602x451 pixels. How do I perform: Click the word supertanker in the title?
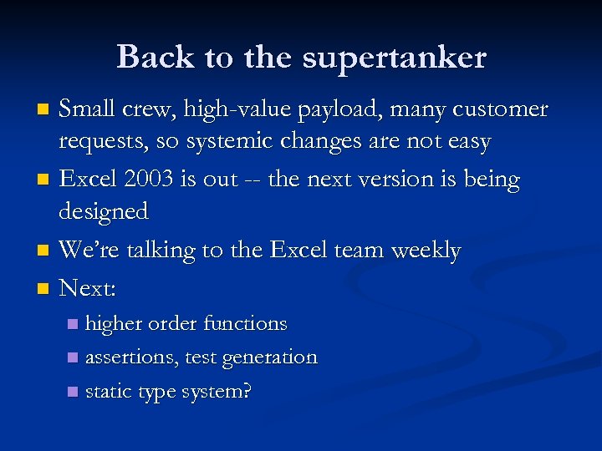pos(394,58)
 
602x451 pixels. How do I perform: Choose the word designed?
pos(103,212)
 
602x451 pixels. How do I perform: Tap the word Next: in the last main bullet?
pos(88,288)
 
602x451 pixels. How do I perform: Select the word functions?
pos(246,323)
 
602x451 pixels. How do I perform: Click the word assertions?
pos(130,357)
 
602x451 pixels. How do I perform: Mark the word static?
pos(107,391)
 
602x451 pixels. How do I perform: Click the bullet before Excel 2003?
pos(44,180)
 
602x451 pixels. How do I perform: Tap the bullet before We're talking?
pos(44,251)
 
